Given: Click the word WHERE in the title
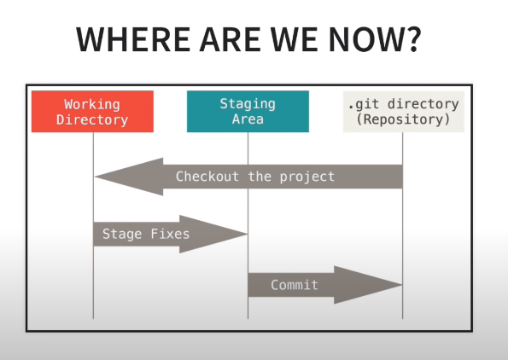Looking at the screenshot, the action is (133, 39).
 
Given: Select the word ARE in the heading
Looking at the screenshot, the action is (231, 39).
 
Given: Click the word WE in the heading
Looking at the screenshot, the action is (295, 39).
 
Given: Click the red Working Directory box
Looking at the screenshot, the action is (92, 112).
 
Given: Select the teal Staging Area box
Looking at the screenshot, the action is (248, 112).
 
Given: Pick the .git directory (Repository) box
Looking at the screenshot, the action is (404, 112).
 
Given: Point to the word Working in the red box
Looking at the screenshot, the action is (92, 104).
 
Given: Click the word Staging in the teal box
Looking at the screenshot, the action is (248, 104).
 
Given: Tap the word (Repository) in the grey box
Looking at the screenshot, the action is (404, 119).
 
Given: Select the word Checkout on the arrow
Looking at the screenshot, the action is (207, 177).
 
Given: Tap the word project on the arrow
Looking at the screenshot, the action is (307, 177).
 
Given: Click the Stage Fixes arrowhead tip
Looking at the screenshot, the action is (248, 234).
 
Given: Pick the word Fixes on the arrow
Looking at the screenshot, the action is (170, 234).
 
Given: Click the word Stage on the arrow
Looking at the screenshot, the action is (122, 234).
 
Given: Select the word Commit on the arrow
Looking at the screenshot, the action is (295, 285).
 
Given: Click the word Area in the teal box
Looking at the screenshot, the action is (248, 119).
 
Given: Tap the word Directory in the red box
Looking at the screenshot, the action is (92, 119).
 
